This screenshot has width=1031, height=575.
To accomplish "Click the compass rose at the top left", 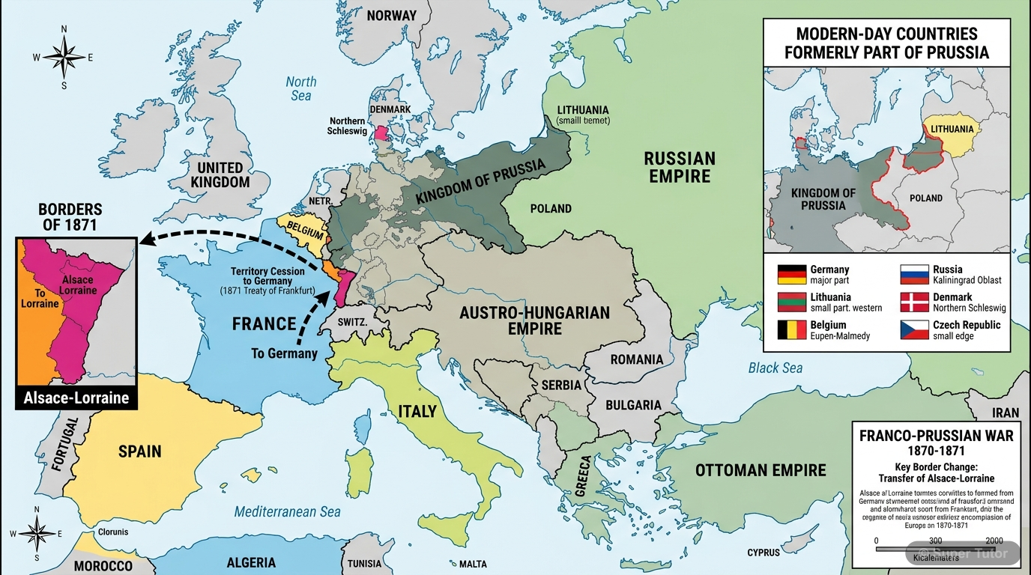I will pyautogui.click(x=64, y=57).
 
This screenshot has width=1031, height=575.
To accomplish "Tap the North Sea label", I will pyautogui.click(x=300, y=88).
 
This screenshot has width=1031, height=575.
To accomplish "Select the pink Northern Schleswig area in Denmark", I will pyautogui.click(x=382, y=133).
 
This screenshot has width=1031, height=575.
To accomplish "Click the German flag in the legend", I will pyautogui.click(x=791, y=274).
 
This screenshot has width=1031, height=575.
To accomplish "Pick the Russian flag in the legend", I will pyautogui.click(x=913, y=274).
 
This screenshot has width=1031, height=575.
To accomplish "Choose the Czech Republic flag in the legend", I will pyautogui.click(x=913, y=330).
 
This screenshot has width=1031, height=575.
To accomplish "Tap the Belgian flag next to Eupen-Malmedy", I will pyautogui.click(x=791, y=330).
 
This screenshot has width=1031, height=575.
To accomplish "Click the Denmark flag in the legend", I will pyautogui.click(x=913, y=302).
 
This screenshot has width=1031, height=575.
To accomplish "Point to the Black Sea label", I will pyautogui.click(x=775, y=368).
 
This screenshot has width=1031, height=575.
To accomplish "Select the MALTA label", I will pyautogui.click(x=472, y=564).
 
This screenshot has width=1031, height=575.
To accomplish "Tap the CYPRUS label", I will pyautogui.click(x=763, y=553).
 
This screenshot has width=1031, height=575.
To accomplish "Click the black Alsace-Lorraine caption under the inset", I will pyautogui.click(x=76, y=398).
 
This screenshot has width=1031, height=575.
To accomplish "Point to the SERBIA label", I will pyautogui.click(x=560, y=385).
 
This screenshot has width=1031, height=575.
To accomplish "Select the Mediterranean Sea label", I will pyautogui.click(x=287, y=512).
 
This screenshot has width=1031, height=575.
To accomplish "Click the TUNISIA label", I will pyautogui.click(x=365, y=564).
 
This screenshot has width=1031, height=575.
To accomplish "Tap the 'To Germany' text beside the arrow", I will pyautogui.click(x=284, y=353).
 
